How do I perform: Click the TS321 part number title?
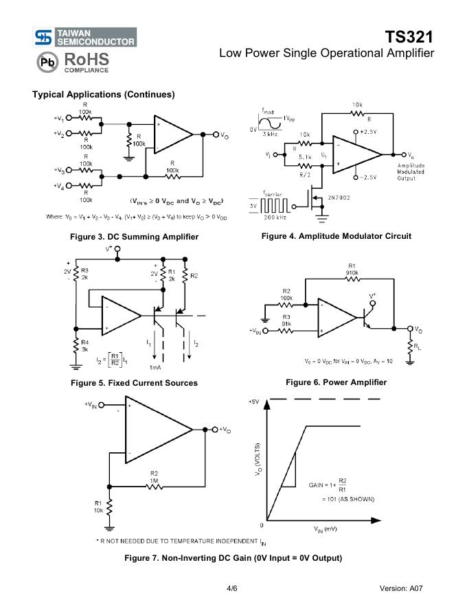(409, 36)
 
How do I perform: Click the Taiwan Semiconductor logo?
(84, 37)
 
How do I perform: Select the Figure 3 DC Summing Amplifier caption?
(134, 237)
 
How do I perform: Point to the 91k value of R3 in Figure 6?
(286, 324)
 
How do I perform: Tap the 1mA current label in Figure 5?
(155, 367)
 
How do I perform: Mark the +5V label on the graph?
(255, 402)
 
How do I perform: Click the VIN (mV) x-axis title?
(325, 531)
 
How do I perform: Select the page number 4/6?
(232, 588)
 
